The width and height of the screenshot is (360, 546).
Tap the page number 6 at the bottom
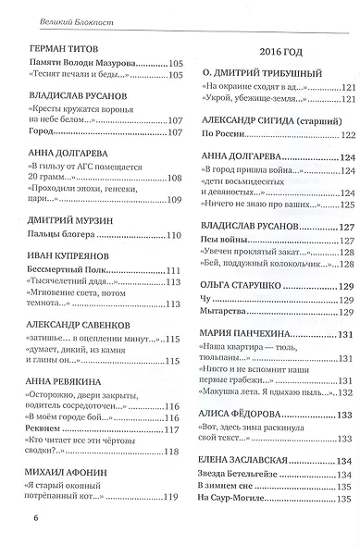coord(20,515)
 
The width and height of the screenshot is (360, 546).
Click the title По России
coord(221,135)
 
